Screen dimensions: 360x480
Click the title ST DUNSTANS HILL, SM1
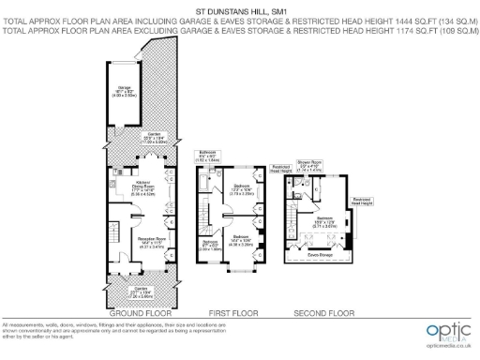pos(239,11)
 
